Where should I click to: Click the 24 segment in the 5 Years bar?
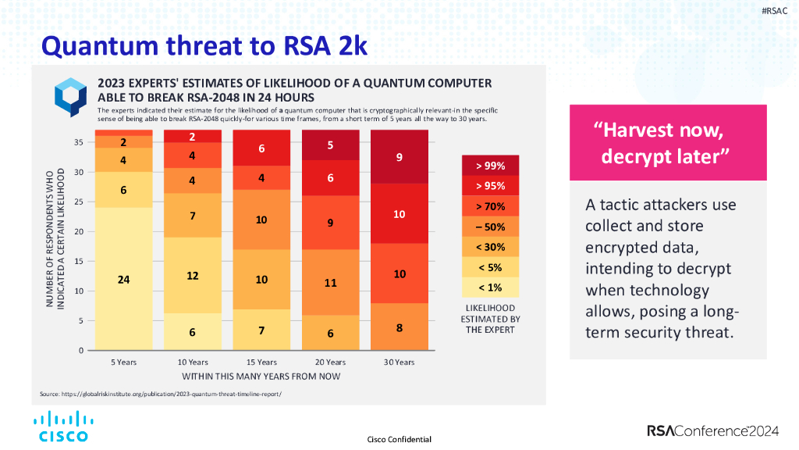(123, 279)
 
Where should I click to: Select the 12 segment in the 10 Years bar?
(193, 275)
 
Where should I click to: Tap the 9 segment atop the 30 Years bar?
(399, 157)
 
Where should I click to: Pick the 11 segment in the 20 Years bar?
(330, 282)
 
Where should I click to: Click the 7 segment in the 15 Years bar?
(261, 330)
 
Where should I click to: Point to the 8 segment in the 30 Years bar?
(399, 328)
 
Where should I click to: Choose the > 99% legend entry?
(490, 166)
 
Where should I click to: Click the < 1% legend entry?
(490, 287)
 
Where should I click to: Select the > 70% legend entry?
(490, 206)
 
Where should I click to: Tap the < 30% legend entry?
(490, 247)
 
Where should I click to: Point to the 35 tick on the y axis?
(79, 142)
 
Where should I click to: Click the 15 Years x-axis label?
(261, 362)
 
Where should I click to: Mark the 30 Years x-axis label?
(399, 362)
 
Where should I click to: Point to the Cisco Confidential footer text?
(399, 439)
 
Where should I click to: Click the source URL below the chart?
(160, 393)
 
